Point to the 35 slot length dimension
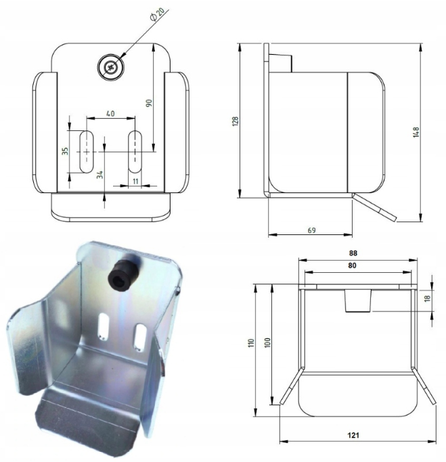(65, 151)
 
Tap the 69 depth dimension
(311, 230)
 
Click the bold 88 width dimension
(353, 253)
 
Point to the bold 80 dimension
(353, 266)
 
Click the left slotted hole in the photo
(103, 326)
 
